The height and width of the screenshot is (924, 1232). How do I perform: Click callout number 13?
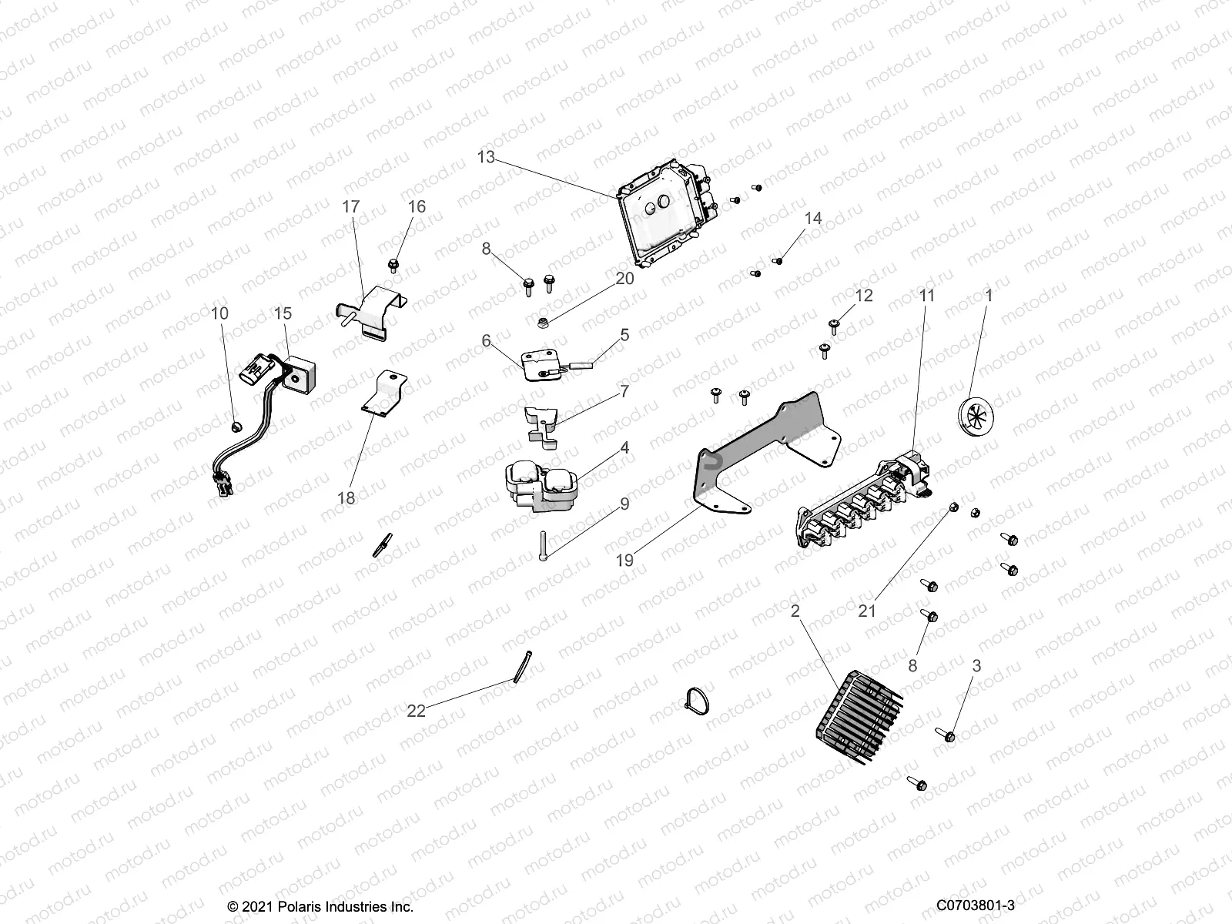(486, 157)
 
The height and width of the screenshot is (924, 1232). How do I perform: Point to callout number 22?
(416, 711)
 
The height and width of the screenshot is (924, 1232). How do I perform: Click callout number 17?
(351, 207)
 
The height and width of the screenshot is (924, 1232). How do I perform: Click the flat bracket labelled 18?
(383, 394)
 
